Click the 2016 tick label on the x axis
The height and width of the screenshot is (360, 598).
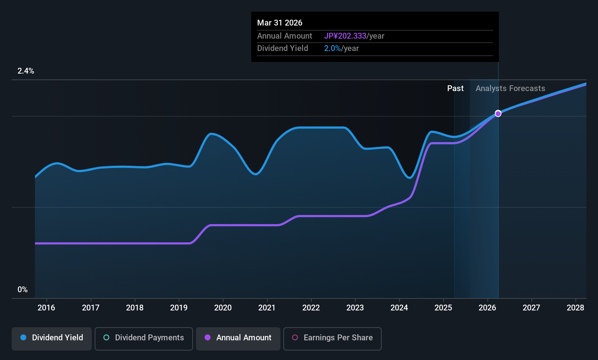click(46, 308)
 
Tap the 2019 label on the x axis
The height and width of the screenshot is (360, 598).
click(179, 308)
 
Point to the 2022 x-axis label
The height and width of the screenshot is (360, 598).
click(311, 308)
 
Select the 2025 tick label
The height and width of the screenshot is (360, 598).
click(443, 308)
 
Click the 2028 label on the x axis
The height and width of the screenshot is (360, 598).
click(575, 308)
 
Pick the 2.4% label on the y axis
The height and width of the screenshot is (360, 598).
click(26, 71)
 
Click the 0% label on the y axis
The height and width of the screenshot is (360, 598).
click(23, 290)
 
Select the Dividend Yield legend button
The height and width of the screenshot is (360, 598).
click(52, 338)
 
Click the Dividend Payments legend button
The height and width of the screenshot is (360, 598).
click(144, 338)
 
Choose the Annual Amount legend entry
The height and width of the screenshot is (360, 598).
click(238, 338)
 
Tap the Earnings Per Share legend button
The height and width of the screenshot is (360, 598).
click(332, 338)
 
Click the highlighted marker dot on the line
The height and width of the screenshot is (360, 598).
click(498, 114)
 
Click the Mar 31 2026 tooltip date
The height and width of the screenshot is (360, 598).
click(280, 23)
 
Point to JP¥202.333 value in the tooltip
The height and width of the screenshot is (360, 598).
click(345, 36)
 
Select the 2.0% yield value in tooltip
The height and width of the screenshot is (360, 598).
click(333, 48)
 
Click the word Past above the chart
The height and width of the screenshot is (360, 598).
click(455, 89)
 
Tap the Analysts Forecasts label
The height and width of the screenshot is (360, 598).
click(510, 89)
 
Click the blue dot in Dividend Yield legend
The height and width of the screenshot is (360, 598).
click(23, 338)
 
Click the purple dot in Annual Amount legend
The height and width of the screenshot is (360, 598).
click(208, 338)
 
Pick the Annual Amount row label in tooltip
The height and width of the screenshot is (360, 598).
click(284, 36)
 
